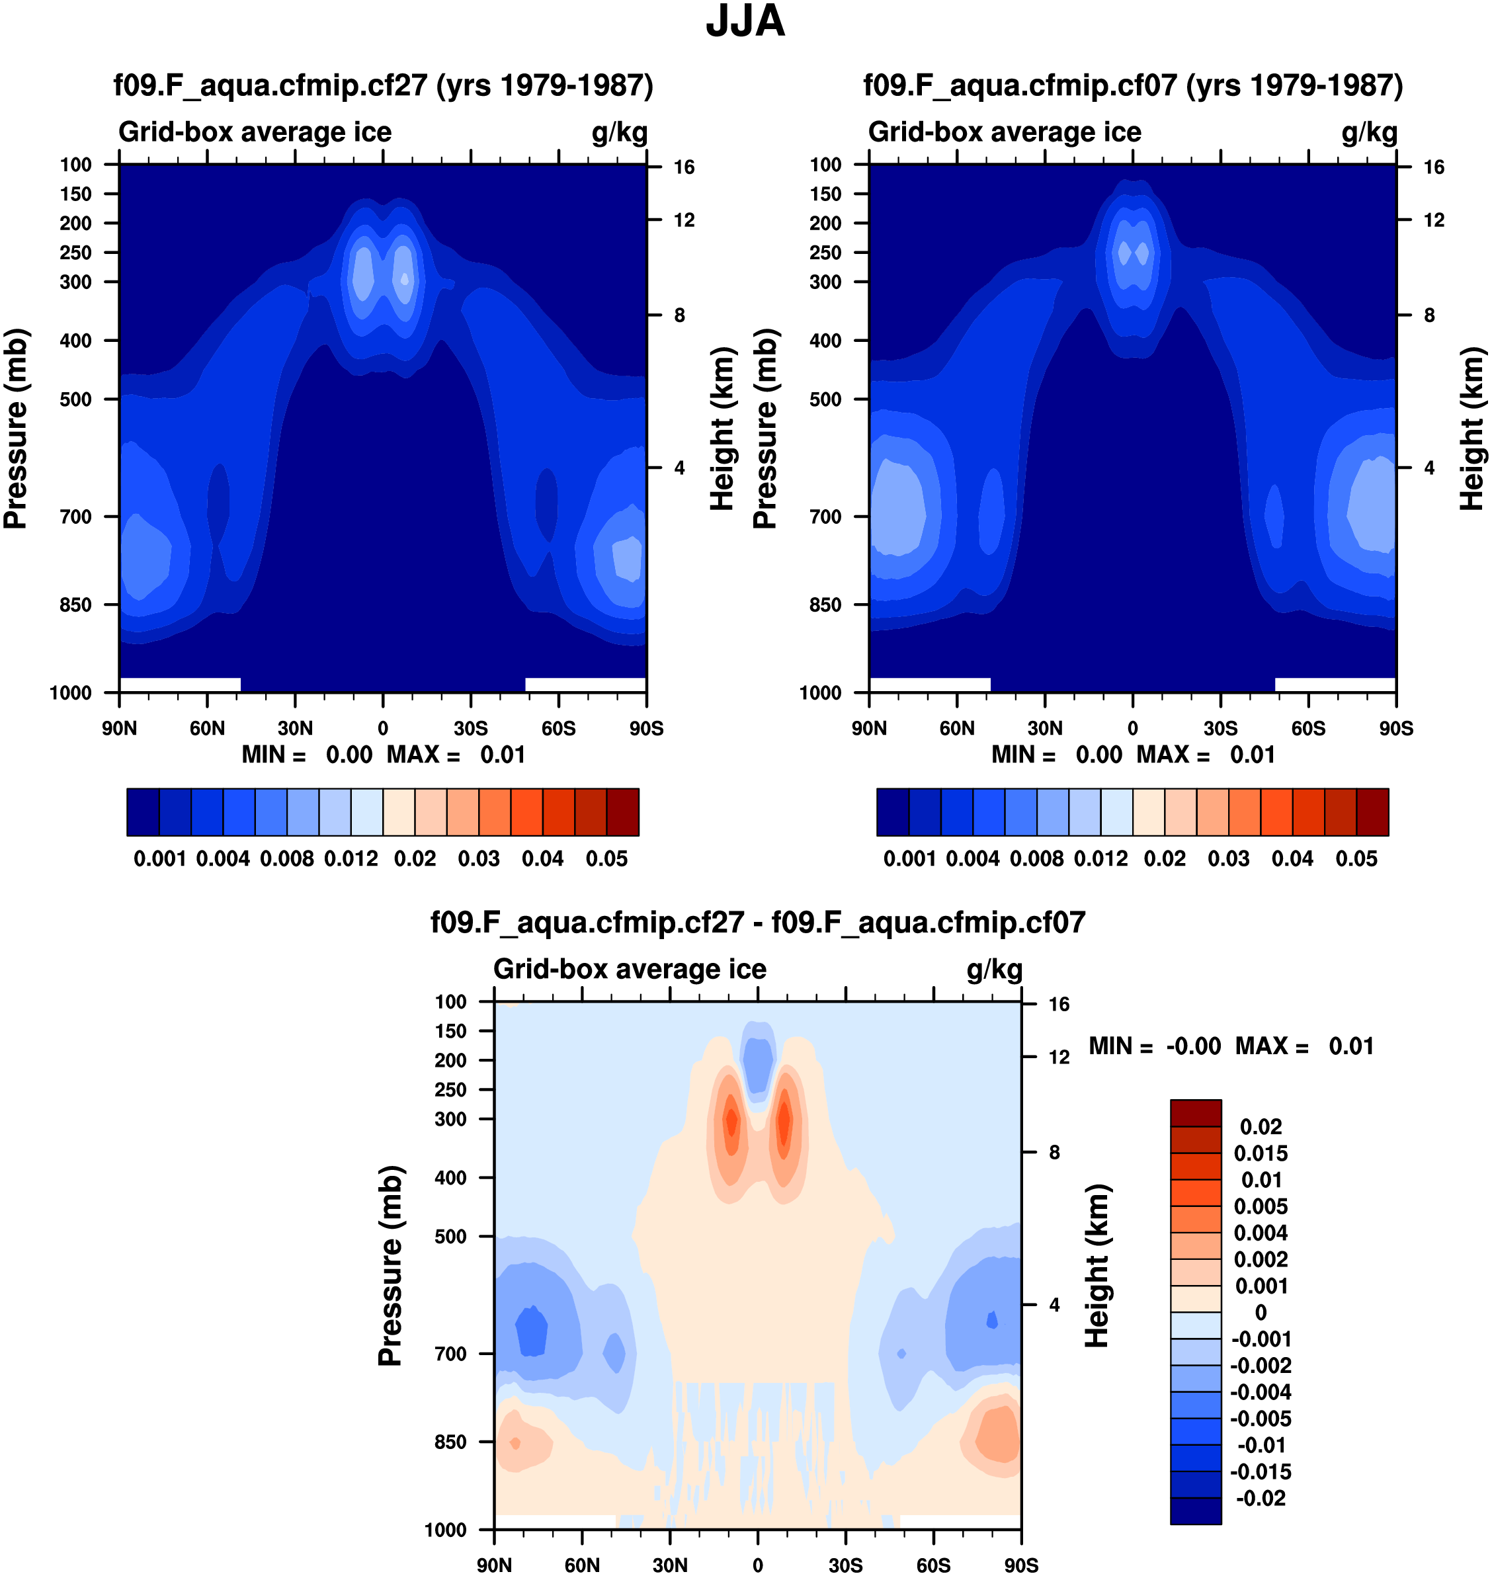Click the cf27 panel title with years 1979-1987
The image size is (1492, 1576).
pyautogui.click(x=384, y=85)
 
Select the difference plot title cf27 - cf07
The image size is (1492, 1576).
pyautogui.click(x=757, y=923)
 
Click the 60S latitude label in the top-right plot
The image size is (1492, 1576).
pyautogui.click(x=1308, y=728)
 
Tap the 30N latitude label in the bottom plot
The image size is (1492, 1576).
pyautogui.click(x=670, y=1565)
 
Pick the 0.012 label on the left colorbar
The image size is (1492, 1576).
pyautogui.click(x=351, y=859)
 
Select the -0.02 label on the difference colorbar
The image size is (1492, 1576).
pyautogui.click(x=1261, y=1499)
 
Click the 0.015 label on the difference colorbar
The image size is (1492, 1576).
pyautogui.click(x=1261, y=1154)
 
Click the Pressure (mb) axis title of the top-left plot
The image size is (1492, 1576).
pyautogui.click(x=16, y=429)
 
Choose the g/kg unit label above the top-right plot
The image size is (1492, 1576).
pyautogui.click(x=1369, y=132)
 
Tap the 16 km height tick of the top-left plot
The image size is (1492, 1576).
pyautogui.click(x=684, y=167)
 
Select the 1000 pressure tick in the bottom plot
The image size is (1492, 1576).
pyautogui.click(x=445, y=1530)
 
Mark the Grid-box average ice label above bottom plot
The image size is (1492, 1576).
pyautogui.click(x=630, y=970)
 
